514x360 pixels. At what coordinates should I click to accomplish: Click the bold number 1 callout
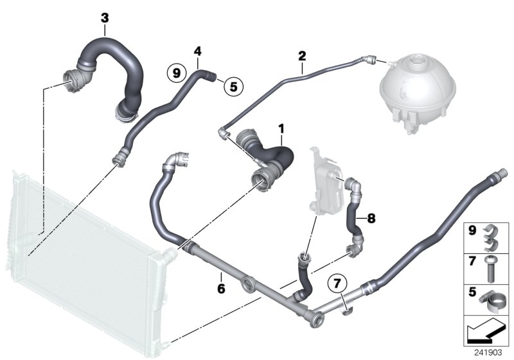(281, 130)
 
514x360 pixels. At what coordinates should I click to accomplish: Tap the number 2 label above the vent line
(301, 57)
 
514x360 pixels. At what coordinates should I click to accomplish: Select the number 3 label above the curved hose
(105, 17)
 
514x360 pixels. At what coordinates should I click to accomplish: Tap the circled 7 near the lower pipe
(337, 282)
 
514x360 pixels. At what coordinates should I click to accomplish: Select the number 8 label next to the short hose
(371, 218)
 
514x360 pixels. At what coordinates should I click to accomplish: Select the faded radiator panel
(84, 257)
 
